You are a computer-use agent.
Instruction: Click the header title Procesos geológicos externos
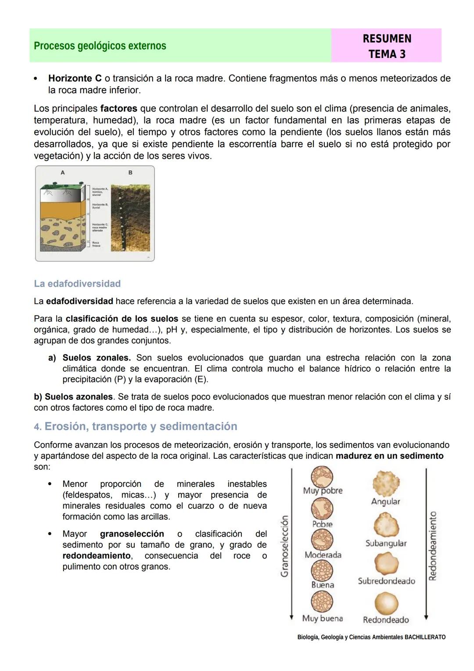[100, 46]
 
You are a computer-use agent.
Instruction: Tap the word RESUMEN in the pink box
[387, 39]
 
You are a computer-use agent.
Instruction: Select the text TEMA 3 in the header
[387, 54]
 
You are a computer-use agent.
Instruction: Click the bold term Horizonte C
[75, 78]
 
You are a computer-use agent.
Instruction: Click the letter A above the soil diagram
[62, 173]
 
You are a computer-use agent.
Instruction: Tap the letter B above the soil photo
[130, 173]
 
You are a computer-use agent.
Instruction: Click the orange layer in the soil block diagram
[64, 209]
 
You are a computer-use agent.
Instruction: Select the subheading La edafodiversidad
[77, 283]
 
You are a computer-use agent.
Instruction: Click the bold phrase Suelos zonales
[97, 358]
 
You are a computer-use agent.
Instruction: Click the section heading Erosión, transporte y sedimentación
[140, 426]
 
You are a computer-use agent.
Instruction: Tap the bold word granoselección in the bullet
[132, 534]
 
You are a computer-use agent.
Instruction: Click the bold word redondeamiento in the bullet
[90, 556]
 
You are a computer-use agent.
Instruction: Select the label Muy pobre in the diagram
[323, 490]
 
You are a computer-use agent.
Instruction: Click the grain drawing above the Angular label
[386, 482]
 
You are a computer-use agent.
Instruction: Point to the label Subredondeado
[386, 581]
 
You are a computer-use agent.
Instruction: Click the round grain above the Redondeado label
[386, 603]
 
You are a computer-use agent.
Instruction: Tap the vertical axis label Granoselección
[285, 546]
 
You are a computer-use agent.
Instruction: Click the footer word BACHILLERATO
[425, 637]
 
